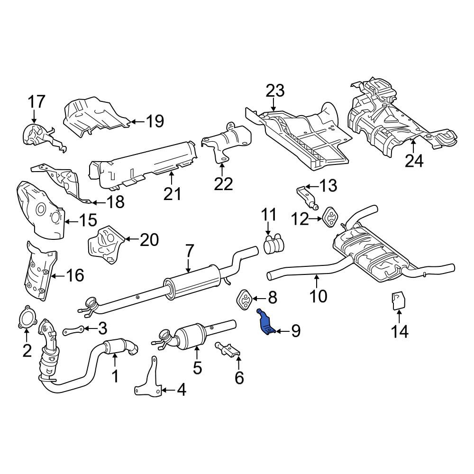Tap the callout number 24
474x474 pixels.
[x=414, y=161]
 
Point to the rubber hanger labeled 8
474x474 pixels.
[x=244, y=299]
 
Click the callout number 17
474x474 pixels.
[x=36, y=101]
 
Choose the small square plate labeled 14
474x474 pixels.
[x=399, y=301]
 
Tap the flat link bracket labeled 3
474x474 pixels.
[x=74, y=330]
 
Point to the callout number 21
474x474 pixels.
[x=173, y=194]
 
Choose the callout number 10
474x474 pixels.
[x=319, y=296]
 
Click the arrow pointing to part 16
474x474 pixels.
[x=57, y=275]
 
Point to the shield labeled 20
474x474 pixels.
[x=106, y=245]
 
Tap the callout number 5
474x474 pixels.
[x=197, y=368]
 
